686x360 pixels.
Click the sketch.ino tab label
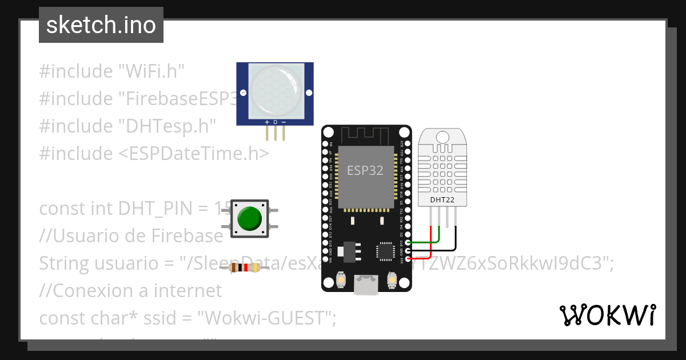tap(101, 25)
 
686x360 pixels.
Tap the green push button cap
tap(249, 218)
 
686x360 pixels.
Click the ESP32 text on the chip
tap(365, 170)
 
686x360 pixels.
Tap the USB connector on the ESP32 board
tap(366, 285)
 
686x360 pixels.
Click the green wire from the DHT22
tap(439, 237)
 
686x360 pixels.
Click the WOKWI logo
tap(607, 315)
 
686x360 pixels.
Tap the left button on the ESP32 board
tap(340, 279)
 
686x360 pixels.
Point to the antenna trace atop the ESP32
tap(366, 135)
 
